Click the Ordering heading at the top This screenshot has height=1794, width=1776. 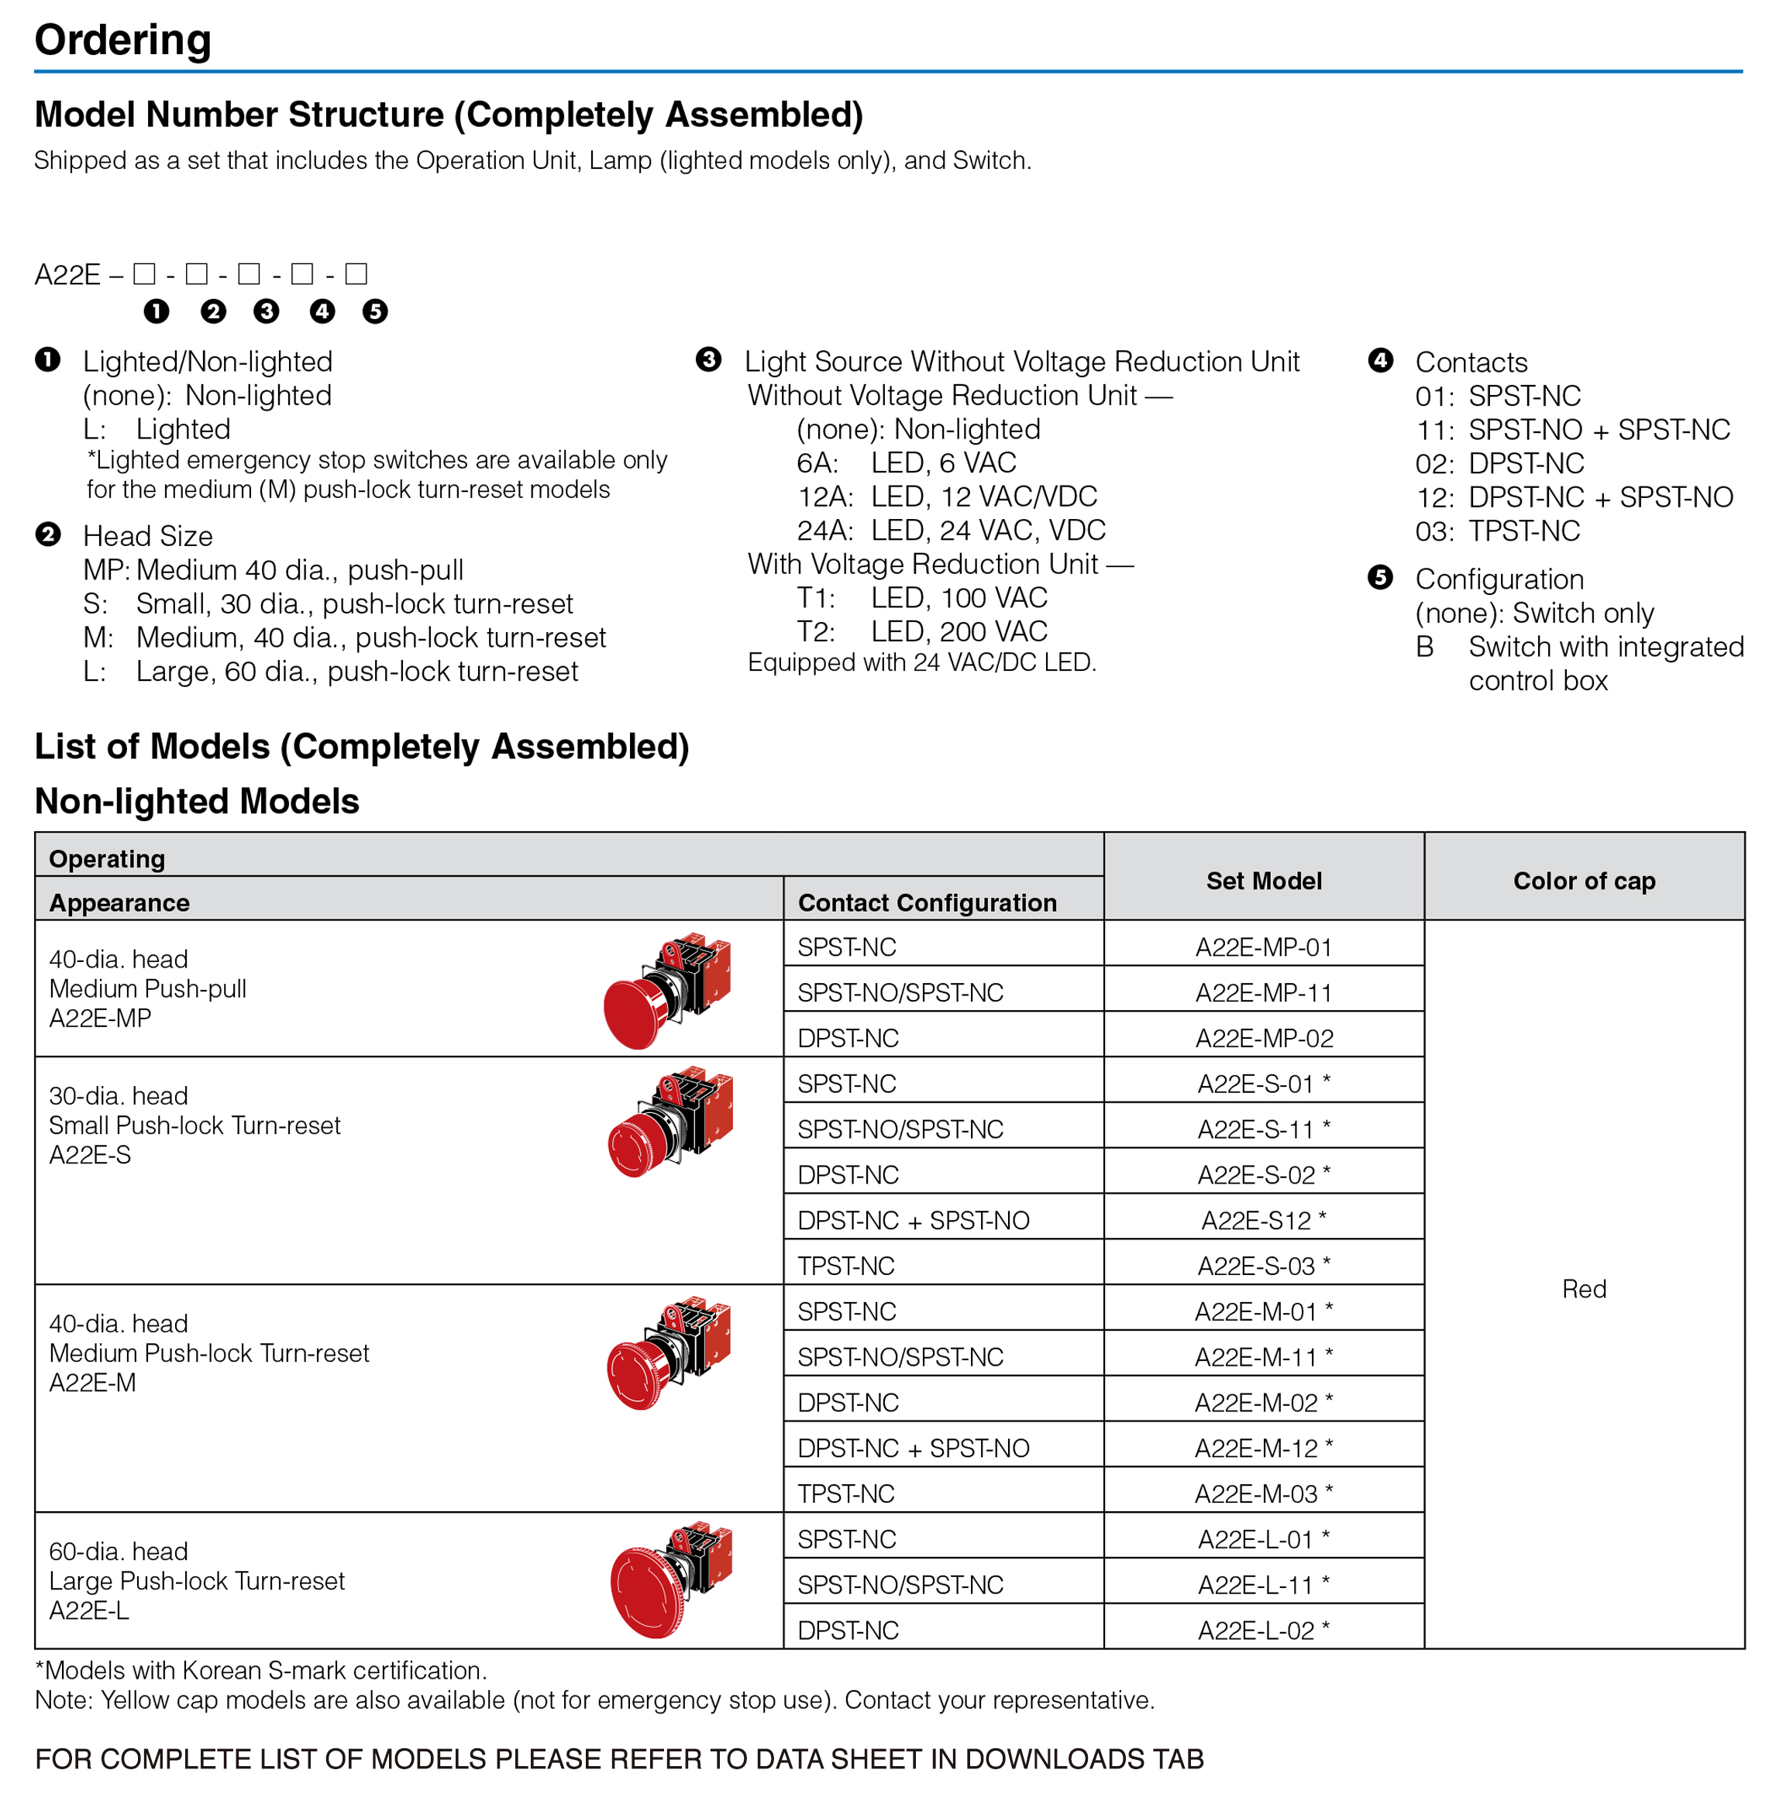[x=122, y=40]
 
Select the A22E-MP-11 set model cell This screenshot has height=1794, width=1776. [x=1263, y=992]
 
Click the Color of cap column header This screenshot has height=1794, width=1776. [x=1584, y=880]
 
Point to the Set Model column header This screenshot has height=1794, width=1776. [x=1263, y=880]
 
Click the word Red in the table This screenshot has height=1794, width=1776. [x=1584, y=1289]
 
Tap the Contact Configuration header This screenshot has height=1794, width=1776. [x=927, y=902]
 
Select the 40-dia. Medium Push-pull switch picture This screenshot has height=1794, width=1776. [x=667, y=991]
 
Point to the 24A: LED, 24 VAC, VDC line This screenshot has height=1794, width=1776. [x=950, y=530]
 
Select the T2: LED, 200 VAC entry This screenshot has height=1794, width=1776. [x=921, y=631]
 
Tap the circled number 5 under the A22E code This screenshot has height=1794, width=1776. [x=375, y=311]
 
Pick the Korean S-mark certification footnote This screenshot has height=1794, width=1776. [x=261, y=1671]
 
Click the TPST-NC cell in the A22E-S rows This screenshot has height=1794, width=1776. [x=846, y=1266]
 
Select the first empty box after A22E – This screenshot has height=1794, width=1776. [x=144, y=274]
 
